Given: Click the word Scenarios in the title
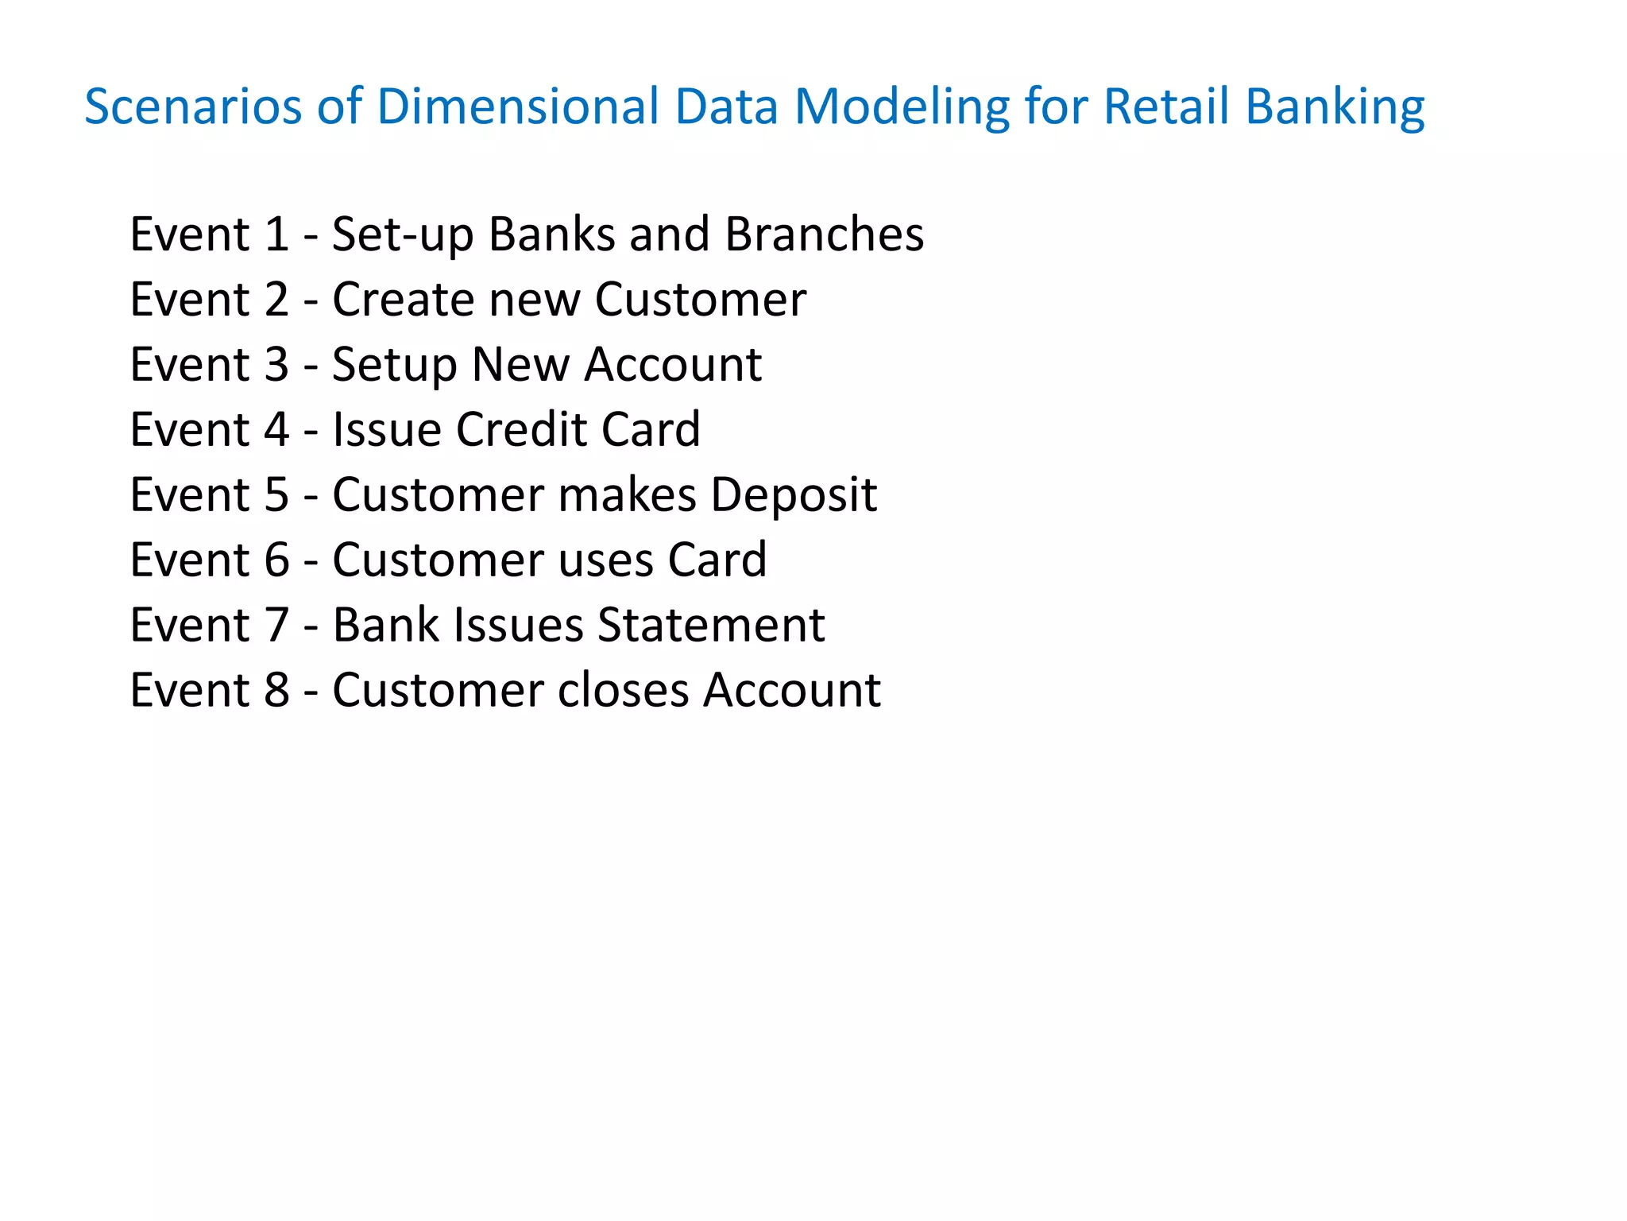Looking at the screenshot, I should (193, 107).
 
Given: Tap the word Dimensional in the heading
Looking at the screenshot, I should (518, 107).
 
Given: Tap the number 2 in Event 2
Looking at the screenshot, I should (276, 300).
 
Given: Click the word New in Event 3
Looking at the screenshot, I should (520, 365).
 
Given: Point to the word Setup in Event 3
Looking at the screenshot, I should (394, 366).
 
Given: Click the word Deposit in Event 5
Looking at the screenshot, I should (793, 496).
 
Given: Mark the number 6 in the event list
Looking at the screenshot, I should (276, 560).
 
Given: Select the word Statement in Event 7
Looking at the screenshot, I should (711, 626).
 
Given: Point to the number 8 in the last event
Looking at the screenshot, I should (276, 690).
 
